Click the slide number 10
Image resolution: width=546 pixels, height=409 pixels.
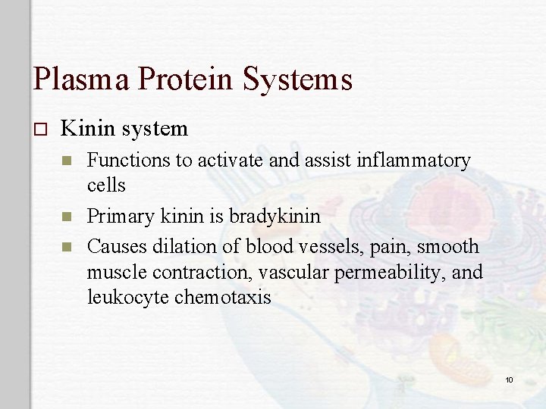[509, 379]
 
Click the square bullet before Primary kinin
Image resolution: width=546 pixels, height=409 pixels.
[67, 217]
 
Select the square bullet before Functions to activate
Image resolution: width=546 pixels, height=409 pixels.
[67, 161]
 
